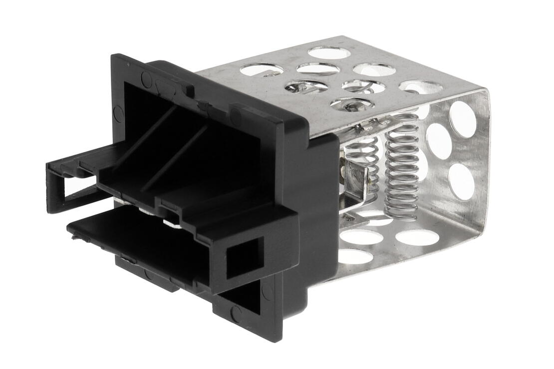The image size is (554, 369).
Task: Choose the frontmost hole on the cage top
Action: pos(352,104)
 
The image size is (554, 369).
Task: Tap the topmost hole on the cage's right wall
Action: pos(463,118)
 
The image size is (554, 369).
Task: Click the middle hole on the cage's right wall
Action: pos(439,141)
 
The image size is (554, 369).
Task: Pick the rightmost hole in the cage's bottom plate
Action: pos(418,237)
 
